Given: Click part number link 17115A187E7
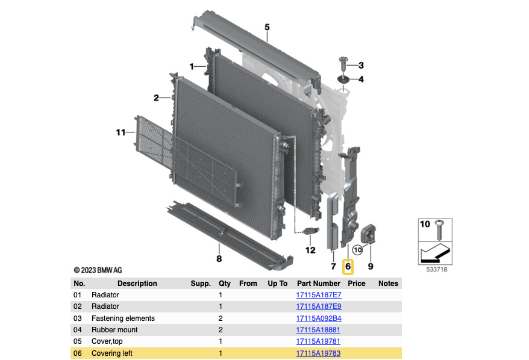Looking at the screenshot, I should (318, 295).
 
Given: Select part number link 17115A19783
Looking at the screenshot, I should (318, 353).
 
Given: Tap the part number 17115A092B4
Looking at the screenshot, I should (318, 318).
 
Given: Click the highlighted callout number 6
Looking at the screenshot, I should (348, 266).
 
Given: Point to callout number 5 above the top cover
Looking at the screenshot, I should (267, 27).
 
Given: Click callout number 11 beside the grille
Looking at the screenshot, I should (121, 132).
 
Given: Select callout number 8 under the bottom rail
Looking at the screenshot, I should (219, 259).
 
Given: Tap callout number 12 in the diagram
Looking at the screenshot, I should (310, 250).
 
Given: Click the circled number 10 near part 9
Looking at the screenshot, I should (357, 249).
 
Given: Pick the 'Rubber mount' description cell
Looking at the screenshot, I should (114, 330).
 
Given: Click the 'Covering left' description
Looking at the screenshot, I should (112, 353).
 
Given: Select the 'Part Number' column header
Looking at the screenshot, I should (318, 284).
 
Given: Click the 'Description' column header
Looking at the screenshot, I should (137, 284).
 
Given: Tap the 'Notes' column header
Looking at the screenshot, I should (388, 284).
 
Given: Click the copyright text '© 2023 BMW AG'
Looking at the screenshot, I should (98, 270).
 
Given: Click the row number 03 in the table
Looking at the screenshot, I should (77, 318).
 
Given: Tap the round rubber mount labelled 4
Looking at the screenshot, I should (343, 80).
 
